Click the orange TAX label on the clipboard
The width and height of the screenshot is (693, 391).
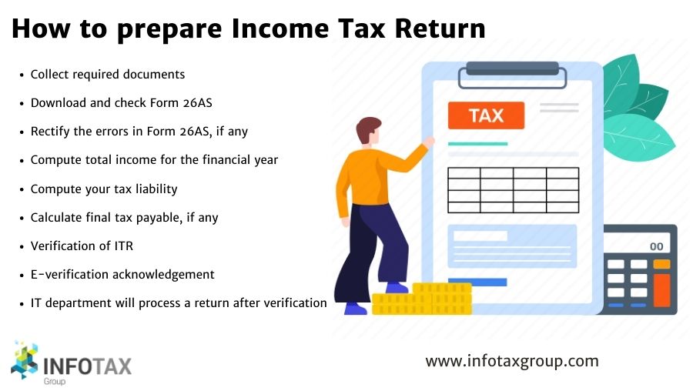[485, 116]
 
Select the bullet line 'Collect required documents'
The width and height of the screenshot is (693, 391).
[108, 75]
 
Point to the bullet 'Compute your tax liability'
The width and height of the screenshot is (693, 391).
[104, 189]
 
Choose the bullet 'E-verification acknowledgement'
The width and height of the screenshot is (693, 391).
[122, 274]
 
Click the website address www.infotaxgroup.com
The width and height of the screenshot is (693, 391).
[511, 360]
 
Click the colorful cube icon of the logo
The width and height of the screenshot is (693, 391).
[26, 361]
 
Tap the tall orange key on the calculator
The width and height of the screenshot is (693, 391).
[661, 289]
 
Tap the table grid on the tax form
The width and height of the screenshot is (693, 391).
[512, 190]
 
